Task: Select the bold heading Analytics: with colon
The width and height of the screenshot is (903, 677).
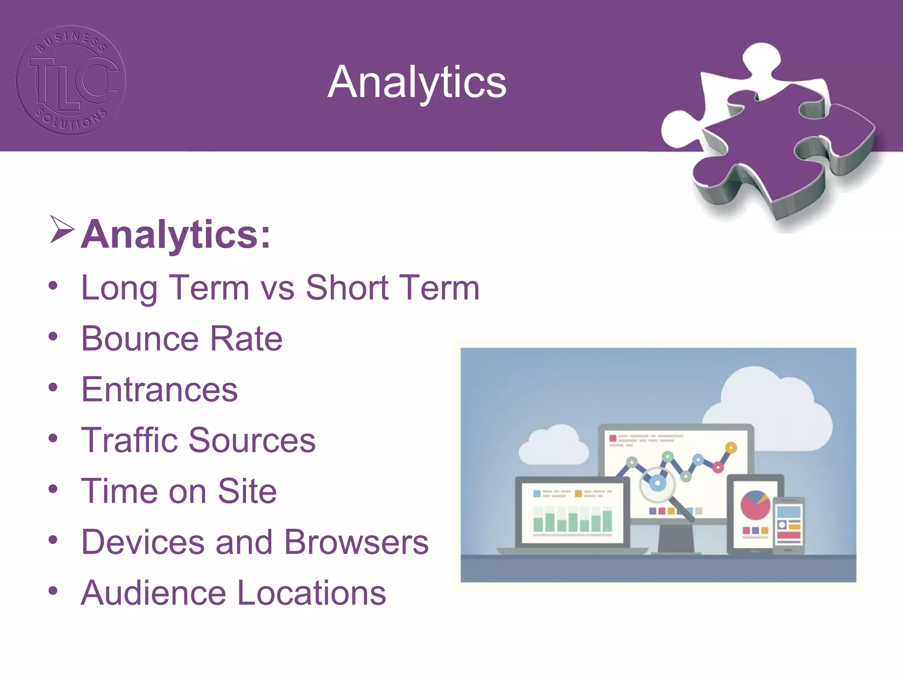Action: tap(175, 234)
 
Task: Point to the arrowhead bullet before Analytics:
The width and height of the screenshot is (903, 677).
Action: tap(61, 229)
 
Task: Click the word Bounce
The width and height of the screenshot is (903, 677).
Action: tap(140, 338)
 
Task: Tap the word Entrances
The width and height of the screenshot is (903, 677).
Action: tap(160, 390)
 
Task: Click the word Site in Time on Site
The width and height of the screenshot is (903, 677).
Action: tap(247, 491)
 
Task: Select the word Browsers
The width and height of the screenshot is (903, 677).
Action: tap(356, 542)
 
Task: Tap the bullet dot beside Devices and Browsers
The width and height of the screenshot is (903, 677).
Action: tap(53, 540)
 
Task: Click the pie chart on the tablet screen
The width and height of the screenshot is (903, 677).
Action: tap(755, 505)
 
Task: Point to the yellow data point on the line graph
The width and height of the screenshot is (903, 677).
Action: tap(731, 448)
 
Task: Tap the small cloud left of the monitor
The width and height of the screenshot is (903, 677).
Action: tap(554, 445)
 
